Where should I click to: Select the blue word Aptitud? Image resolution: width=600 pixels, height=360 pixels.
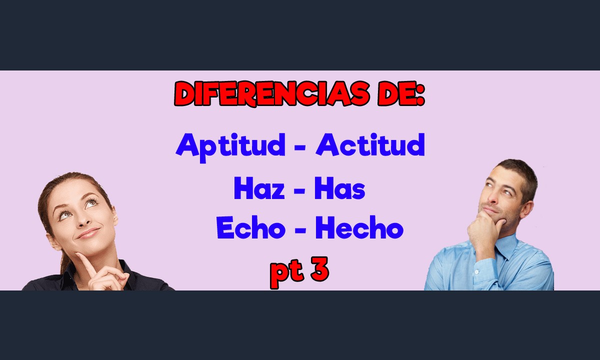tap(230, 147)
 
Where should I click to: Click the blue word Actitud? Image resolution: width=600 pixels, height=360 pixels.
tap(370, 144)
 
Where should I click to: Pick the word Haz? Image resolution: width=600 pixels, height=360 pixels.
tap(259, 188)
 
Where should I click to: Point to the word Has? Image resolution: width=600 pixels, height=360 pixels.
tap(339, 188)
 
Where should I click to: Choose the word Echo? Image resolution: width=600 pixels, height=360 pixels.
tap(251, 227)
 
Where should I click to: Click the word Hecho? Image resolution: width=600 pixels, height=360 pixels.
tap(359, 227)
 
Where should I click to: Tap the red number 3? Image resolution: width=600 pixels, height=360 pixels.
tap(320, 268)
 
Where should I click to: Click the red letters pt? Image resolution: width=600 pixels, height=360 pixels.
tap(287, 273)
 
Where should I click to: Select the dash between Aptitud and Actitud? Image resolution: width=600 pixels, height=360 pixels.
tap(300, 148)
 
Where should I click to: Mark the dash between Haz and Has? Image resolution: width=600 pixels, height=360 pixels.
tap(299, 191)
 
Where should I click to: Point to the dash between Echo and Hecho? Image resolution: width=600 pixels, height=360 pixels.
tap(300, 230)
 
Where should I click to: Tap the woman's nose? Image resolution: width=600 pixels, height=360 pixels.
tap(84, 220)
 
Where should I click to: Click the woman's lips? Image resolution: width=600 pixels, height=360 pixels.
tap(88, 233)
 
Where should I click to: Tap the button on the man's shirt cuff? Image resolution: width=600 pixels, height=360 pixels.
tap(476, 272)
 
